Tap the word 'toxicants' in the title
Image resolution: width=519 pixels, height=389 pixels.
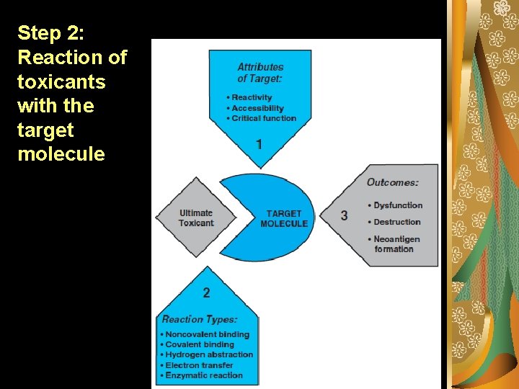coord(61,81)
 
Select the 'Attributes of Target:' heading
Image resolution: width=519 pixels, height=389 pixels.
coord(260,72)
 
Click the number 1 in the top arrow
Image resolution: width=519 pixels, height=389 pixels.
coord(259,145)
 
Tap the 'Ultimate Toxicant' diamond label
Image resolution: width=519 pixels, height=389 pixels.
coord(196,218)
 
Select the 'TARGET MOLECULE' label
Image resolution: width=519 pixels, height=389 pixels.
coord(284,218)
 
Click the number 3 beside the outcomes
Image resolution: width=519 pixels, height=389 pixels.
coord(344,215)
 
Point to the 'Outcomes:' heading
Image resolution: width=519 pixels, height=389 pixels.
coord(392,182)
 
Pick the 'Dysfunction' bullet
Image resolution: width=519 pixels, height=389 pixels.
coord(398,205)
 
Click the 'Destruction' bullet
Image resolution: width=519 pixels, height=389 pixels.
coord(396,222)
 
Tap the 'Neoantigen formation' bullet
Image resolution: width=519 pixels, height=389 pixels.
coord(397,243)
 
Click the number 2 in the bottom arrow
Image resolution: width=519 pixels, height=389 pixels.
coord(207,292)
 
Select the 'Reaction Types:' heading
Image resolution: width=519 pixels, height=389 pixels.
coord(200,319)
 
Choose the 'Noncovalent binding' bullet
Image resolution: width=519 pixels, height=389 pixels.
coord(207,334)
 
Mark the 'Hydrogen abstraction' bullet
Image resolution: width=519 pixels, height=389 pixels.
coord(209,354)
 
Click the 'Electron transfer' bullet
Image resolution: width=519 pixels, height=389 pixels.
coord(199,365)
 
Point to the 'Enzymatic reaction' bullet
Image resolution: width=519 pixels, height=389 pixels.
coord(204,375)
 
